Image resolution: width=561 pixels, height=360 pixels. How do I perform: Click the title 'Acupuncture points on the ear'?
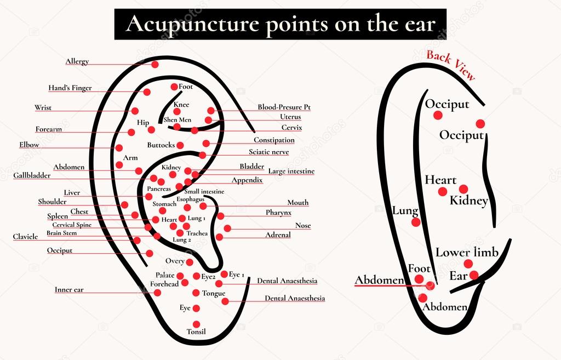280,24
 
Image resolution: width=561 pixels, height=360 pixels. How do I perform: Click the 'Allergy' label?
77,61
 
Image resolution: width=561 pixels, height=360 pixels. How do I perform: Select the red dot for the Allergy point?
155,65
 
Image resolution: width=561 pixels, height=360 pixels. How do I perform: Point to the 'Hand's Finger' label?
70,88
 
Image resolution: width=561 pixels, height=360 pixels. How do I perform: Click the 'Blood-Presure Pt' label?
284,107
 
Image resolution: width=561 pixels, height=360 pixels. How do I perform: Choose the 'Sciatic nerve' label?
268,152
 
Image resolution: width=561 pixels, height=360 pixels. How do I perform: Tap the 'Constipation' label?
274,140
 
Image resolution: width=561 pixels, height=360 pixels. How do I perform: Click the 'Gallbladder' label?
32,175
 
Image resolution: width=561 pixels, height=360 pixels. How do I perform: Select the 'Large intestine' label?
291,171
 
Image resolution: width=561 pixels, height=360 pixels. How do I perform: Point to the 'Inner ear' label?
69,289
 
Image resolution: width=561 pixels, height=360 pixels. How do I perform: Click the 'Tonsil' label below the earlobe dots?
197,332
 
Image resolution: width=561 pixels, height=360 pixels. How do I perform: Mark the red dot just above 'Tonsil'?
196,324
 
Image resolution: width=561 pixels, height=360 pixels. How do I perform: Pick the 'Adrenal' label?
278,235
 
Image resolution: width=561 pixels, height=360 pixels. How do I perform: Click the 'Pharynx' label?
278,213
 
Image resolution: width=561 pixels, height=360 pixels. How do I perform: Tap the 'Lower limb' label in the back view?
467,252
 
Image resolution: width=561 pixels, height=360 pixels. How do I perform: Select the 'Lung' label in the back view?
405,210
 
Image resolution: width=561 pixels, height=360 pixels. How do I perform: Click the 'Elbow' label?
30,145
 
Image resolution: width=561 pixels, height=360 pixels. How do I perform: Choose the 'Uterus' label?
290,117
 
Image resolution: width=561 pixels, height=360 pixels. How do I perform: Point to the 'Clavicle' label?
25,237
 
